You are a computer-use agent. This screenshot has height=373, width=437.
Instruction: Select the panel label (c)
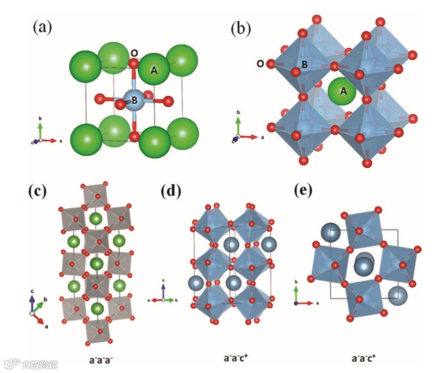(38, 191)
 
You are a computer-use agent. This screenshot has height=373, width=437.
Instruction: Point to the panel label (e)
(304, 191)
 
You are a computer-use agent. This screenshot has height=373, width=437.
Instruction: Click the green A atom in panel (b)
(343, 91)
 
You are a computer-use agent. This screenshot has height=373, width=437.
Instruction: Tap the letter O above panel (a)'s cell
(134, 54)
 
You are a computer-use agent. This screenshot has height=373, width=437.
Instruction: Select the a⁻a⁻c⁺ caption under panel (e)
(364, 359)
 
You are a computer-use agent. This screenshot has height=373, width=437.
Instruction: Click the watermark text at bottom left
(33, 363)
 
